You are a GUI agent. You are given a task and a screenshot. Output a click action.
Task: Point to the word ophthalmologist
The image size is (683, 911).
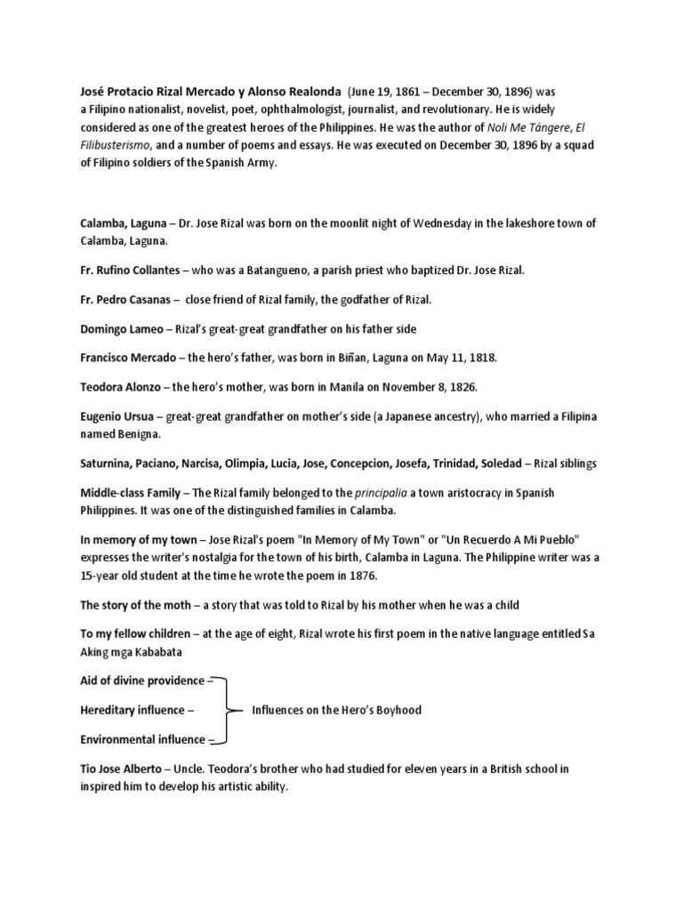click(306, 110)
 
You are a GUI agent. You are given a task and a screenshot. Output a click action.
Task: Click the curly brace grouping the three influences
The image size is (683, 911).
click(233, 710)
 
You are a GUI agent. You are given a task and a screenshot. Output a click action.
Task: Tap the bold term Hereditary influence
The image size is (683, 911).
click(133, 710)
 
